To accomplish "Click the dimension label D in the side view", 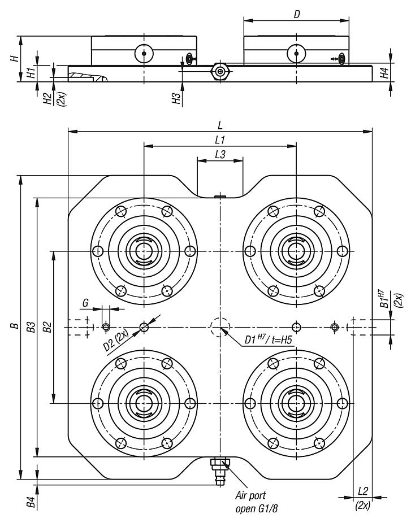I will click(x=296, y=13).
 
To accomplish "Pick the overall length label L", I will click(x=220, y=123).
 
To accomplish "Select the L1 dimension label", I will click(x=220, y=138).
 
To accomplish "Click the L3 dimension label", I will click(x=220, y=153).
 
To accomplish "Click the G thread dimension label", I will click(x=85, y=303).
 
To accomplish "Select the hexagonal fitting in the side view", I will click(x=219, y=71).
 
